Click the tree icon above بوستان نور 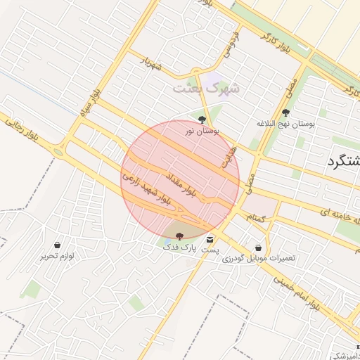click(202, 120)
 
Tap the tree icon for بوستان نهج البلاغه click(285, 112)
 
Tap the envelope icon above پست click(210, 240)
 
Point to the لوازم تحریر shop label click(57, 257)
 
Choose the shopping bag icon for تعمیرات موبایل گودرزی click(259, 247)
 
